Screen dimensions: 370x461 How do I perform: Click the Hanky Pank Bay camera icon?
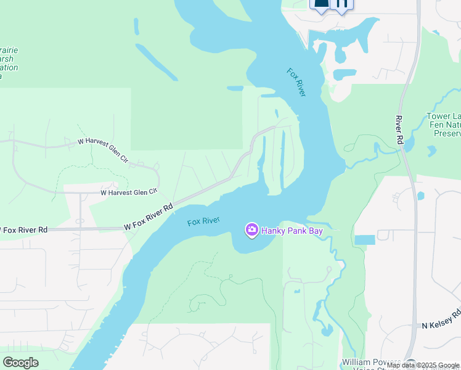pyautogui.click(x=251, y=231)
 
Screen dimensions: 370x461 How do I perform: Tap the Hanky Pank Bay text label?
pyautogui.click(x=292, y=231)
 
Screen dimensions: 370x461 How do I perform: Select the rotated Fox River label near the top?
pyautogui.click(x=296, y=81)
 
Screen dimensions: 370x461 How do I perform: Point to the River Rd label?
pyautogui.click(x=399, y=130)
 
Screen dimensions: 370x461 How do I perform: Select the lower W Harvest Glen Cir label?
pyautogui.click(x=129, y=193)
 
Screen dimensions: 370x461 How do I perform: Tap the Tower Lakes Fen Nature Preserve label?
pyautogui.click(x=444, y=125)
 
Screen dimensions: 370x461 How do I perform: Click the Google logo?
pyautogui.click(x=20, y=363)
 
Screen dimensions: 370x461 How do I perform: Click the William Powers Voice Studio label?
pyautogui.click(x=370, y=364)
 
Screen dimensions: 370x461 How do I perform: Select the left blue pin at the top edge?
pyautogui.click(x=321, y=4)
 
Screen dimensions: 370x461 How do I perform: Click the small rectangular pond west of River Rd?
pyautogui.click(x=364, y=239)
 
